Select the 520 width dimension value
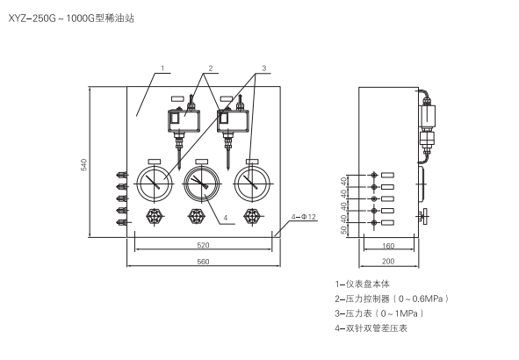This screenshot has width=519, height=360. coord(202,247)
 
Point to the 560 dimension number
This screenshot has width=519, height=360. coord(202,263)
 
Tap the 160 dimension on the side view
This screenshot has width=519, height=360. coord(386,247)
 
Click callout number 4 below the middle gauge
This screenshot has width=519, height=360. coord(225,217)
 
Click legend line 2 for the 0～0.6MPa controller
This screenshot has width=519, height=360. coord(393,299)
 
